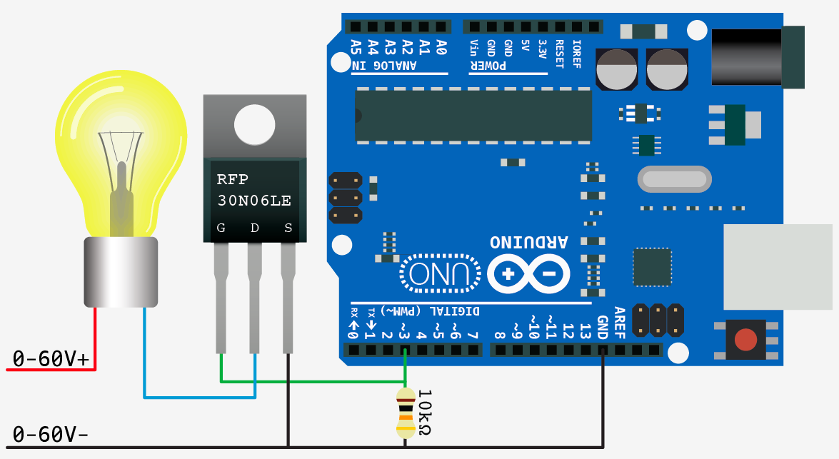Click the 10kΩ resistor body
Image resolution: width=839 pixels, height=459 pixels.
click(406, 413)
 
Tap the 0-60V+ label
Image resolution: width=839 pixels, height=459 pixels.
click(51, 359)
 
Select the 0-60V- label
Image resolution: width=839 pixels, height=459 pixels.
click(51, 434)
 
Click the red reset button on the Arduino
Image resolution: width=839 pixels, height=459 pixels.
click(745, 340)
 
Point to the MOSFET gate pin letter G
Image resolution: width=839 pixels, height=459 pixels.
click(221, 228)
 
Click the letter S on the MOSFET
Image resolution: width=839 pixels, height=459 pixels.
click(288, 228)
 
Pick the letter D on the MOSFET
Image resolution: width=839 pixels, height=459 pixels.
click(255, 228)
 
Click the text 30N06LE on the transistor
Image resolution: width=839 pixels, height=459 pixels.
click(254, 201)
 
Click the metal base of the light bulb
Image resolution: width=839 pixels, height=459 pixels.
click(120, 272)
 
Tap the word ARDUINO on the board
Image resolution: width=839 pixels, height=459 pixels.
click(529, 242)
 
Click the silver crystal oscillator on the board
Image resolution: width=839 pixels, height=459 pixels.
click(674, 179)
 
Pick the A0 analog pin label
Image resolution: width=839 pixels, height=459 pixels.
click(441, 48)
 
